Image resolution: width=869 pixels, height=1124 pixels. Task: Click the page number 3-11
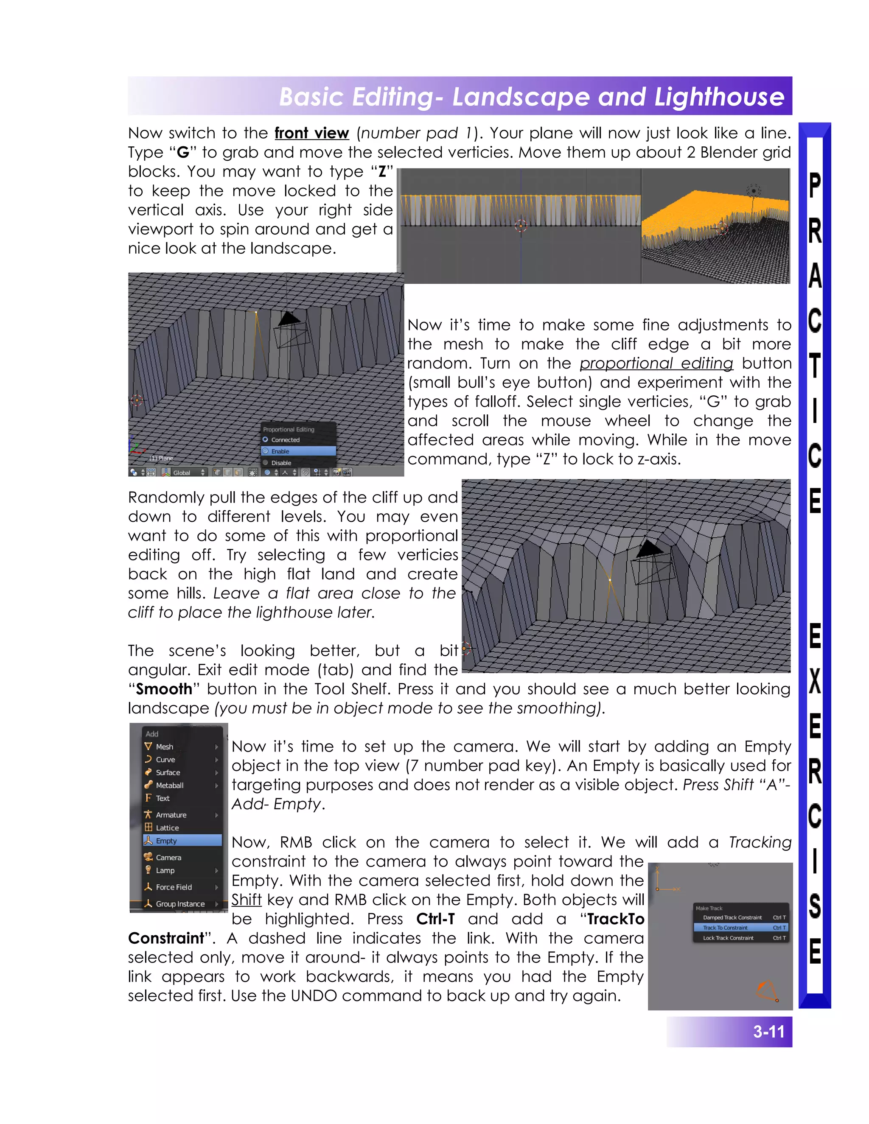pyautogui.click(x=768, y=1032)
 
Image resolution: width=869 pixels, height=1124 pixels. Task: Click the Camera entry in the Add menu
pyautogui.click(x=168, y=857)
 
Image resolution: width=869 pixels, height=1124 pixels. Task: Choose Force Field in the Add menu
pyautogui.click(x=174, y=887)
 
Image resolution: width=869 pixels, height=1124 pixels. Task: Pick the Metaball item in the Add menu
pyautogui.click(x=169, y=785)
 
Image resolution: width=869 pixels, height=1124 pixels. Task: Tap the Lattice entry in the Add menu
pyautogui.click(x=167, y=828)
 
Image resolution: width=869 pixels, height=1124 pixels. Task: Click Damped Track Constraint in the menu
pyautogui.click(x=732, y=917)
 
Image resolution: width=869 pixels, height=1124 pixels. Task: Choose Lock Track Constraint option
pyautogui.click(x=728, y=938)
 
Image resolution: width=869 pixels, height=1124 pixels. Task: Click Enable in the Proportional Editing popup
pyautogui.click(x=280, y=451)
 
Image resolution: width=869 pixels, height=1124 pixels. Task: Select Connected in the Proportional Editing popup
pyautogui.click(x=285, y=440)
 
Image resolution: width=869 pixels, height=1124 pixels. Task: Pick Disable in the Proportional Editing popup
pyautogui.click(x=281, y=463)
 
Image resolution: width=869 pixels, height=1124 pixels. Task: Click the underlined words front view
pyautogui.click(x=311, y=133)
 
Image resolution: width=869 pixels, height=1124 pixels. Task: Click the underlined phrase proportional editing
pyautogui.click(x=656, y=363)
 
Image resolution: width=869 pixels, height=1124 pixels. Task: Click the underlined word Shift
pyautogui.click(x=246, y=900)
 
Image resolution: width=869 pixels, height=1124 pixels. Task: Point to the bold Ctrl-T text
pyautogui.click(x=435, y=919)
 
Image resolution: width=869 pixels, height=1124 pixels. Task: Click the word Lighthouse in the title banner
pyautogui.click(x=719, y=97)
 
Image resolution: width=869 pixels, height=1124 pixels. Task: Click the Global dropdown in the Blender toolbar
pyautogui.click(x=184, y=473)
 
